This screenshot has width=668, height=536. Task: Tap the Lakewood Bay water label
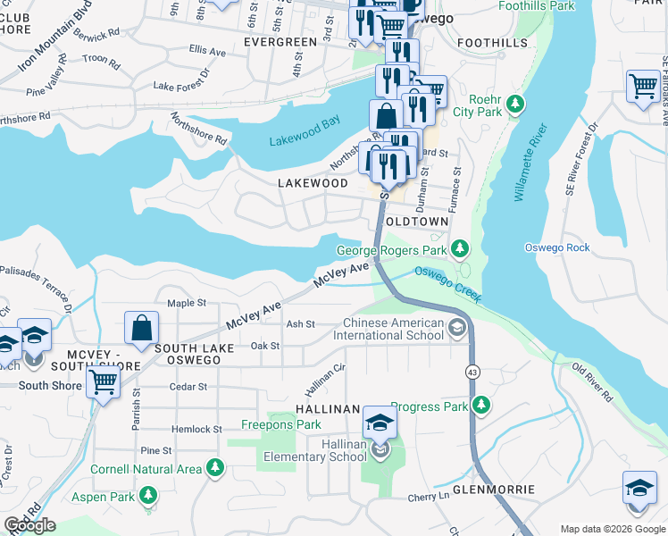point(305,130)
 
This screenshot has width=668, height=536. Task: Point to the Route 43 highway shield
point(471,370)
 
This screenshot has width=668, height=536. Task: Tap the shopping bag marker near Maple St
point(142,328)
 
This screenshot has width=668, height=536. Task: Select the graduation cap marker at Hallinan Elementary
point(380,423)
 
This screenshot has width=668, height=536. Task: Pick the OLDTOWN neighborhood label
point(420,221)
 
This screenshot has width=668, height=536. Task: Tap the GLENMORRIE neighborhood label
point(494,490)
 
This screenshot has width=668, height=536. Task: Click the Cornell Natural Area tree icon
point(214,467)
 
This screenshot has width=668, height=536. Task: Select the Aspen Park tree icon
point(149,494)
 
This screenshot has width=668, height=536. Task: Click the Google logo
point(31,525)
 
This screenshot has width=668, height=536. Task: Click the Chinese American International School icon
point(458,328)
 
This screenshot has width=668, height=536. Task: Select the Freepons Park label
point(281,424)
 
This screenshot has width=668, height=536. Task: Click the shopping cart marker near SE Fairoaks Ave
point(643,88)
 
